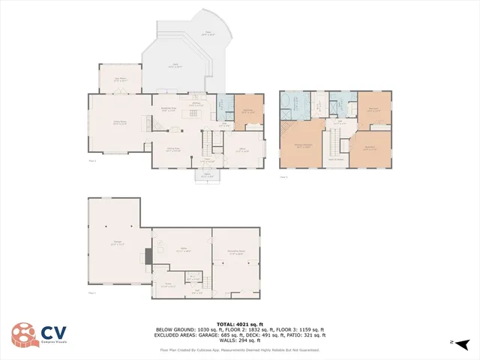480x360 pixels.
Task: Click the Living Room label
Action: (118, 123)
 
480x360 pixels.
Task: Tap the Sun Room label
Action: (119, 79)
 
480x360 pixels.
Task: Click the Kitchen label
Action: (196, 105)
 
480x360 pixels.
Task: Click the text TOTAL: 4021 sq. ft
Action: (239, 324)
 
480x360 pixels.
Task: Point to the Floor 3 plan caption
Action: (283, 177)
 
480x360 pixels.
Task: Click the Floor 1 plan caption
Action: (92, 292)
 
